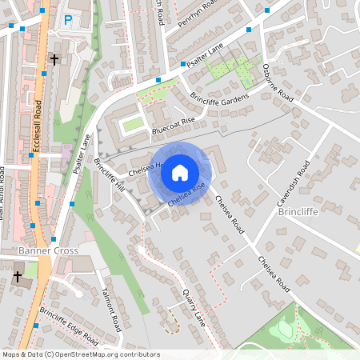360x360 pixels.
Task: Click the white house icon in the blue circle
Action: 179,172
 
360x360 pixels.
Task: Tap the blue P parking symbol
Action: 68,19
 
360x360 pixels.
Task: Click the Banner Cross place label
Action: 48,250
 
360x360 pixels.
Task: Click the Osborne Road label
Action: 278,83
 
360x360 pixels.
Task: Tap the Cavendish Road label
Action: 293,185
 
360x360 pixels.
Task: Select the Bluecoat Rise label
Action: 174,126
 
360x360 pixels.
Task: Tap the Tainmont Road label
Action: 110,311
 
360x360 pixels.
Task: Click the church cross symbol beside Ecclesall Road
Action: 54,60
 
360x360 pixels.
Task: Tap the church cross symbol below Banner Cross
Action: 18,277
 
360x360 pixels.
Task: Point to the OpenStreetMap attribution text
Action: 81,354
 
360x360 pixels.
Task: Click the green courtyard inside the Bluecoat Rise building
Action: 132,124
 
